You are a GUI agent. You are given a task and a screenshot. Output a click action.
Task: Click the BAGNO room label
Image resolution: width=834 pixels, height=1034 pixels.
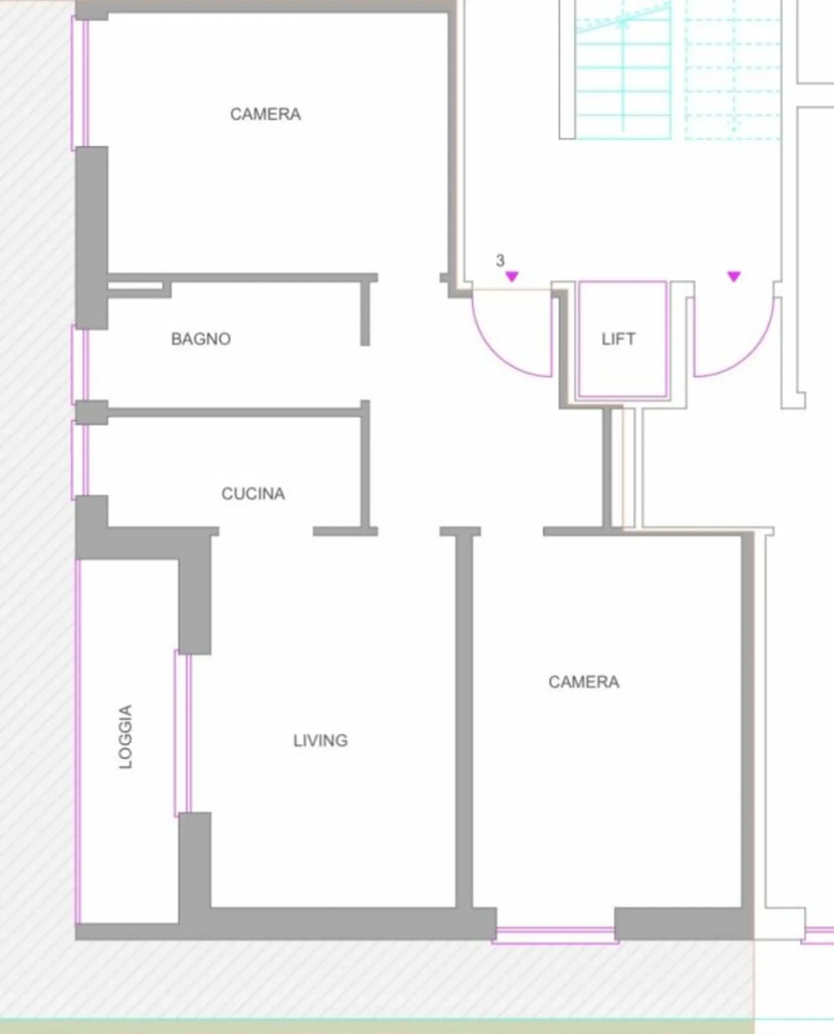pos(201,339)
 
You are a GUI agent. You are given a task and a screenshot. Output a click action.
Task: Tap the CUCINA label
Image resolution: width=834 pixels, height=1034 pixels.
pos(253,494)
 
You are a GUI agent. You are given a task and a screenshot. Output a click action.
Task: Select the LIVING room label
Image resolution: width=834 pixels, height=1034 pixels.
pos(321,740)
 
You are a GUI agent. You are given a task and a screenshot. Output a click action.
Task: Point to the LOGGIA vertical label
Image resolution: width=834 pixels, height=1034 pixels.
pos(126,736)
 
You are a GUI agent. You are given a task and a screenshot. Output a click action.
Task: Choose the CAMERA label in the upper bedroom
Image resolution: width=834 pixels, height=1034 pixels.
pos(266,114)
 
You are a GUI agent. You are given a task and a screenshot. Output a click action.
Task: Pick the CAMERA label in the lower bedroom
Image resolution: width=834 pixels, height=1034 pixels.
pos(584,682)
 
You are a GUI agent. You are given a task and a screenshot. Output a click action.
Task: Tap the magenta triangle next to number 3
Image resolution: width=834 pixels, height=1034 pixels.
pos(512,276)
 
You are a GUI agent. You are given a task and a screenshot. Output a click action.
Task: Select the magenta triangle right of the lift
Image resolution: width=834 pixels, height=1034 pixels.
pos(734,276)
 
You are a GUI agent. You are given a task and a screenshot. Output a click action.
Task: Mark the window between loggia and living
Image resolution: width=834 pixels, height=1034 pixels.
pos(182,733)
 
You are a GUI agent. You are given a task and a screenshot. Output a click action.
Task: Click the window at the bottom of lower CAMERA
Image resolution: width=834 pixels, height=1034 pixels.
pos(556,936)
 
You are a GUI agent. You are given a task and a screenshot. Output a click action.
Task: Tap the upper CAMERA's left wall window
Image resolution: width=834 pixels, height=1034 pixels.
pos(80,83)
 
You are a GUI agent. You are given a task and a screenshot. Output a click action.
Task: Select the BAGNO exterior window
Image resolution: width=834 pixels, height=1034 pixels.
pos(80,365)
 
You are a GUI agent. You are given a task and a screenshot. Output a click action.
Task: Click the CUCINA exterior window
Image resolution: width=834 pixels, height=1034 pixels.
pos(80,460)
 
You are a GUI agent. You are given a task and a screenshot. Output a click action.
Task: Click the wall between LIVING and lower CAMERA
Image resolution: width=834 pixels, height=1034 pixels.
pos(464,720)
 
